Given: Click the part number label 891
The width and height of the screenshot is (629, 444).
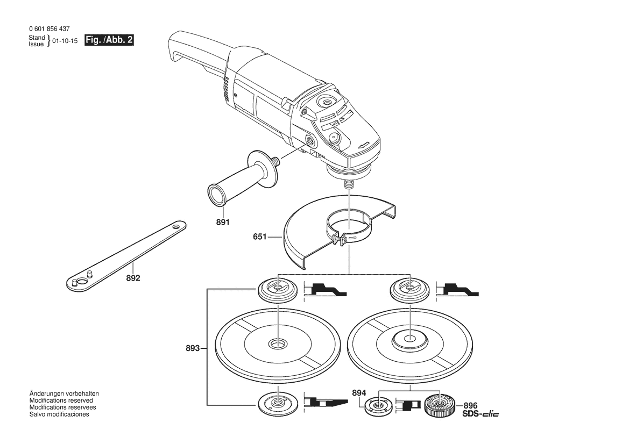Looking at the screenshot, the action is point(223,222).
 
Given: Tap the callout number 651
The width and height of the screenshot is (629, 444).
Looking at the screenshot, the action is point(259,237).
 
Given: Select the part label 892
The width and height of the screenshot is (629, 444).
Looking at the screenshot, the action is point(133,278).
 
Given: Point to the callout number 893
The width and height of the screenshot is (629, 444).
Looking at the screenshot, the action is point(193,348).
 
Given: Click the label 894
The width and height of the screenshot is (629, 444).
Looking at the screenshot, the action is point(359,393).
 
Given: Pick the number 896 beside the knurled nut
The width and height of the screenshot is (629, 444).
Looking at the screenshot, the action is point(470,406).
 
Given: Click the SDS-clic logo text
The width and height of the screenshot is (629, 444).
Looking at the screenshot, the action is point(480,414).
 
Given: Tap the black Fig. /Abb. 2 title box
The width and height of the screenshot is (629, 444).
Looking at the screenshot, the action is point(109,40).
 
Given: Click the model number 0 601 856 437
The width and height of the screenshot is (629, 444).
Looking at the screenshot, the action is point(50,29).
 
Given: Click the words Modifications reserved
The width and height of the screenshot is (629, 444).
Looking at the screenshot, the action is point(61,400).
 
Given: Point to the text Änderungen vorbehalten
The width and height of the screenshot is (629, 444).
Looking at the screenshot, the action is point(64,393).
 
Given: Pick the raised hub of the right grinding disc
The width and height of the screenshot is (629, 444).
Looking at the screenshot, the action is point(409,339).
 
